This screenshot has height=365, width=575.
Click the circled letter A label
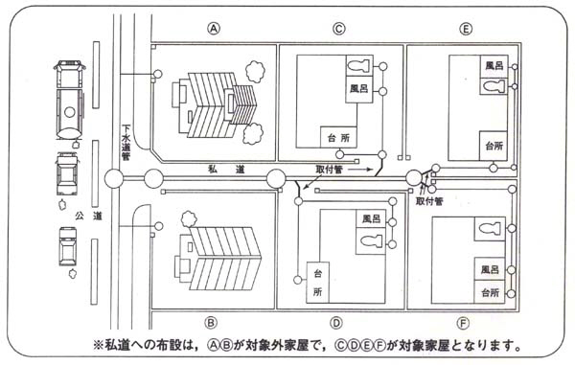[214, 28]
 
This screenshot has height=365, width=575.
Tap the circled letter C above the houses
[339, 28]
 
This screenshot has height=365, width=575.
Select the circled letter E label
[466, 28]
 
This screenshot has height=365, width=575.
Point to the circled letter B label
[211, 323]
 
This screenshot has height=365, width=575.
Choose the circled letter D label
[336, 323]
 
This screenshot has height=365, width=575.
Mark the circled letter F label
[463, 323]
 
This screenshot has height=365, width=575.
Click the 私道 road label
[226, 170]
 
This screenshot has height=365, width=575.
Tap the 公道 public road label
[88, 216]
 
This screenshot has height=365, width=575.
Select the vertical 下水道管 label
[126, 143]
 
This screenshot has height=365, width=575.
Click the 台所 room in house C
[339, 137]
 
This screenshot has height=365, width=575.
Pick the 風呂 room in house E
[494, 66]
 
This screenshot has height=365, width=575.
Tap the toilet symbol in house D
[371, 240]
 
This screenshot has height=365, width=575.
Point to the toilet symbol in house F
[490, 229]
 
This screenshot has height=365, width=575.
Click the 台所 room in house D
[317, 283]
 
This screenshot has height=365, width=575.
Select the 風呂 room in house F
[490, 270]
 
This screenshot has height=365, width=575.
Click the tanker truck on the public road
[70, 100]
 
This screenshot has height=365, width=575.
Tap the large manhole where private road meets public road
[114, 179]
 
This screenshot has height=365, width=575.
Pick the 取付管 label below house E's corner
[429, 201]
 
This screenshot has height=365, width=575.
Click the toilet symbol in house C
[359, 66]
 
